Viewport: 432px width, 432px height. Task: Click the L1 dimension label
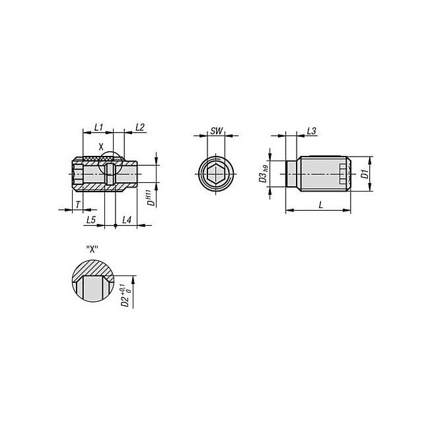point(98,127)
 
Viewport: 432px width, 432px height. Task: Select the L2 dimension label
point(140,127)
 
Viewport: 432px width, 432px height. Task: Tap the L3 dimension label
point(311,131)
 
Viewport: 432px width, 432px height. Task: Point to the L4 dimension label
point(127,220)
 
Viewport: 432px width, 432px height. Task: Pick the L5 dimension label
point(91,220)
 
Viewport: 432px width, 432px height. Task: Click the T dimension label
point(78,205)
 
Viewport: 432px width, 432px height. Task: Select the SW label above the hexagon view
point(217,131)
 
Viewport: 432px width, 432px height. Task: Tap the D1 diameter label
point(365,174)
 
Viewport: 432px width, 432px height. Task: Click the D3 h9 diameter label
point(264,174)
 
